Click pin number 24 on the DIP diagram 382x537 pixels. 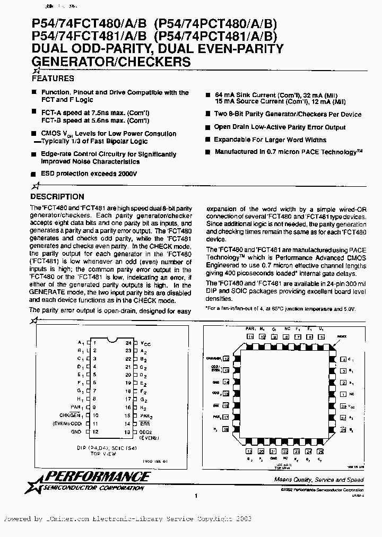coord(128,343)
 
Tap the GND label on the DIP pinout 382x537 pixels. coord(77,432)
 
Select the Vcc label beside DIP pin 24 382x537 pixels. coord(145,343)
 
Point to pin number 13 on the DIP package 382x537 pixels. coord(128,432)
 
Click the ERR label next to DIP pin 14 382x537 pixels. coord(144,424)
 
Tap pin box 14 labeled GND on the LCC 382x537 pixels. coord(226,382)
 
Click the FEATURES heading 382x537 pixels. coord(53,79)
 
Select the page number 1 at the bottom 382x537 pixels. coord(196,496)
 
